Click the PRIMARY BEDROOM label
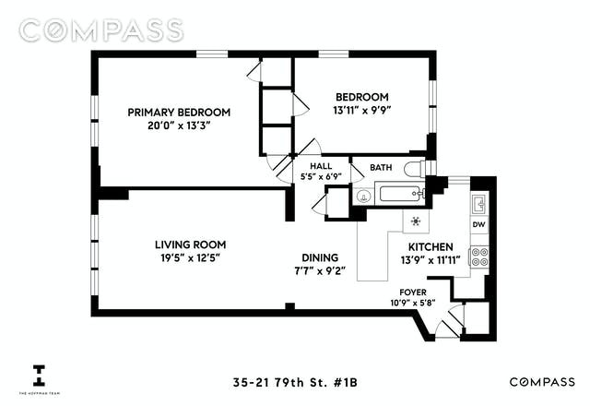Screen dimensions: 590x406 179,113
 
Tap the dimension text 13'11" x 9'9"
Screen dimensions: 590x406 362,111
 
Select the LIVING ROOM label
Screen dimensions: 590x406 191,245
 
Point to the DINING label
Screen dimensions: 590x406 320,257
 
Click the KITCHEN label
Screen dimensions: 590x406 431,247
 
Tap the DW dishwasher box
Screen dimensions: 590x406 479,225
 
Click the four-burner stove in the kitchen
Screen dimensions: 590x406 479,257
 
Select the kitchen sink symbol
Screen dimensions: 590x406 479,204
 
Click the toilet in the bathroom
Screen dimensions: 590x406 416,168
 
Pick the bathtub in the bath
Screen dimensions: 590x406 402,194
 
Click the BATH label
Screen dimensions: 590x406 381,167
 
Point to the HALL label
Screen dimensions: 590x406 321,166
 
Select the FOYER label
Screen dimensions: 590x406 413,293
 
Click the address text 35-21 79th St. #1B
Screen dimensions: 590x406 295,383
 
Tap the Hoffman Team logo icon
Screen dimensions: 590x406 39,376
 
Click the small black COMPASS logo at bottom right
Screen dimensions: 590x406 542,382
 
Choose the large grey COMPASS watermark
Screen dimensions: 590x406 101,30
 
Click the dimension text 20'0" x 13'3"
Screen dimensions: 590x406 178,125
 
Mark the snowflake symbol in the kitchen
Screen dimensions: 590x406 416,221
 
